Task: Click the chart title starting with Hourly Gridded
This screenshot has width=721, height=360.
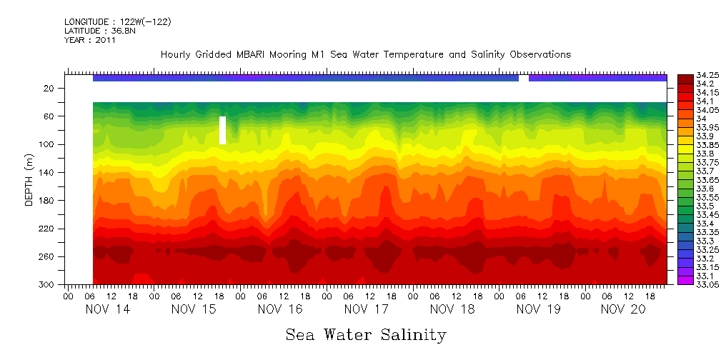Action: (x=366, y=54)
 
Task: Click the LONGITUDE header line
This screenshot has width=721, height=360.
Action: (x=117, y=22)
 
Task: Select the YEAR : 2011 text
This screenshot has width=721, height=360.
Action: (x=89, y=40)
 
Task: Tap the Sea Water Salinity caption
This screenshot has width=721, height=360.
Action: (x=366, y=334)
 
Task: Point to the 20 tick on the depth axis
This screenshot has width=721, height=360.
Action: (x=49, y=88)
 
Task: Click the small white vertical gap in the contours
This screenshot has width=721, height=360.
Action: (x=223, y=130)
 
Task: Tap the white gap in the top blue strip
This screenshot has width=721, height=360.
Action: (x=524, y=78)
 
